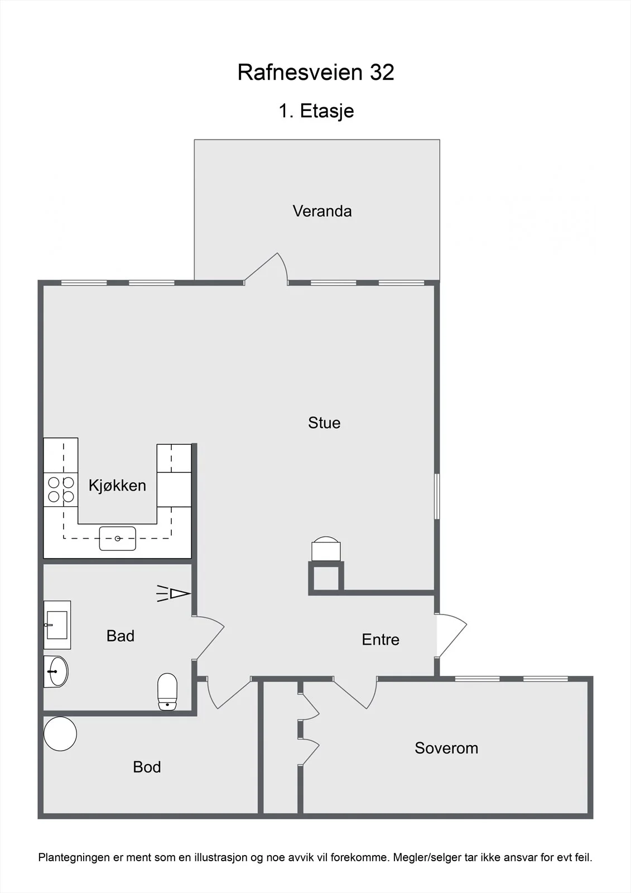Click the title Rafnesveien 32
point(316,72)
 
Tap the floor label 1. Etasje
point(316,111)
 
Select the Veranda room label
point(322,212)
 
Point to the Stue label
point(324,423)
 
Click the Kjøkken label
point(117,486)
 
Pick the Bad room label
point(121,636)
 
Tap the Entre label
point(380,640)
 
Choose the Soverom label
point(446,748)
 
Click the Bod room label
point(147,767)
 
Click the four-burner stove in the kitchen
point(61,489)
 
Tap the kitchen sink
point(118,539)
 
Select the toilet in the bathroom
point(167,692)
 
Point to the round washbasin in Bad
point(56,672)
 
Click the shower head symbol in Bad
point(174,594)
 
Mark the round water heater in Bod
point(60,734)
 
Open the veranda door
point(266,269)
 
